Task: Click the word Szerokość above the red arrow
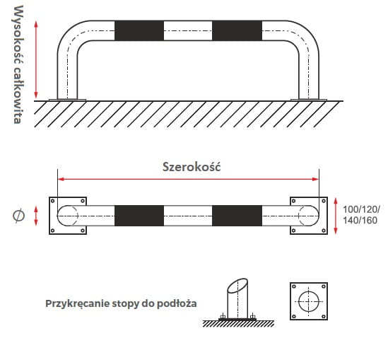[192, 167]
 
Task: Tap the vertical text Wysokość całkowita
[18, 64]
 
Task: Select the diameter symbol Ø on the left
[18, 216]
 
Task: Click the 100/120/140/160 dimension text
[360, 215]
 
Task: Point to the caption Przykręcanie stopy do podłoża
[121, 303]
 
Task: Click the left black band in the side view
[139, 30]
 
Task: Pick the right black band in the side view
[237, 30]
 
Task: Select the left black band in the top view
[139, 216]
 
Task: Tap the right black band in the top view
[237, 216]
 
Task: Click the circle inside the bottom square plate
[309, 291]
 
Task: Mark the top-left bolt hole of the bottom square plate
[294, 286]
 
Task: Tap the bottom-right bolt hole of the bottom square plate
[324, 316]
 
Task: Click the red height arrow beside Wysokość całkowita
[36, 59]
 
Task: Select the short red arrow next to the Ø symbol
[36, 216]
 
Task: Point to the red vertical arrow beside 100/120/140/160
[336, 216]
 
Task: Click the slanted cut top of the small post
[237, 286]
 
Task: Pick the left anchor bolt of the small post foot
[223, 316]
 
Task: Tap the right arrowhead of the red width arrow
[316, 179]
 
